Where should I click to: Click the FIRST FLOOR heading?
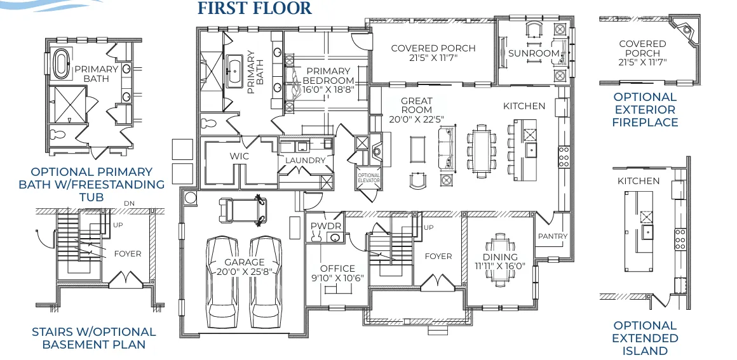(x=255, y=8)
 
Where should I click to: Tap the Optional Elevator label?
(x=368, y=179)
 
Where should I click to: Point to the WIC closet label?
(x=239, y=156)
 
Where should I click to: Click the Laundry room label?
(x=305, y=161)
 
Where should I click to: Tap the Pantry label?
(x=552, y=236)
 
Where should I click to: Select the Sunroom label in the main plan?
(x=534, y=53)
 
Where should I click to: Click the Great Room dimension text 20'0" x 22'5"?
(x=416, y=119)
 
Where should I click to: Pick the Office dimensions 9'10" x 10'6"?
(x=337, y=277)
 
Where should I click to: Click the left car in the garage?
(x=224, y=279)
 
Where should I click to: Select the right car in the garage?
(x=265, y=279)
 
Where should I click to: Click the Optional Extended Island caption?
(x=645, y=338)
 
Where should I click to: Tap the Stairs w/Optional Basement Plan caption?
(x=94, y=338)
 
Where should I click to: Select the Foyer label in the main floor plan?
(x=438, y=256)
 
